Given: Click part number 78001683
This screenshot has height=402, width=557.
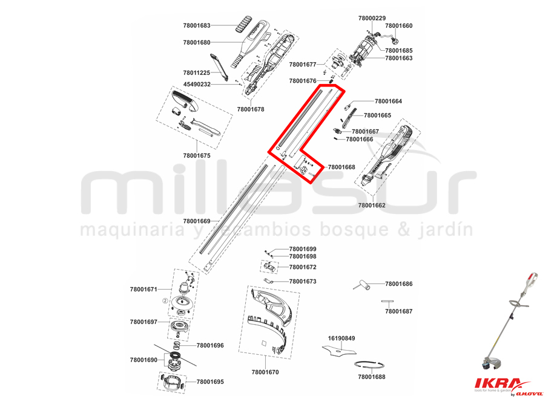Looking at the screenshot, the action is pyautogui.click(x=196, y=25).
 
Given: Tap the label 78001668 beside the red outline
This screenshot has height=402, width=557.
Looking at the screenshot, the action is pyautogui.click(x=341, y=167).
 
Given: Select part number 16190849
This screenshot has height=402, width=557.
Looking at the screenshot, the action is pyautogui.click(x=341, y=338).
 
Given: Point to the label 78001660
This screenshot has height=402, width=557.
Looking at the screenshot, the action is pyautogui.click(x=398, y=25).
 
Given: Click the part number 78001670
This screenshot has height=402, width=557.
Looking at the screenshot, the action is pyautogui.click(x=265, y=372).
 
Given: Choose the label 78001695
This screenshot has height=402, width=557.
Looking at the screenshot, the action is pyautogui.click(x=210, y=382).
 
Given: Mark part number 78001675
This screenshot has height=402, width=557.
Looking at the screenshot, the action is pyautogui.click(x=196, y=155).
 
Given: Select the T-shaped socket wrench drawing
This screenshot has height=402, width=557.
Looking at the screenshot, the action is pyautogui.click(x=362, y=285).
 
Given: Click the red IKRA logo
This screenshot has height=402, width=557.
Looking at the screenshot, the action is pyautogui.click(x=496, y=384).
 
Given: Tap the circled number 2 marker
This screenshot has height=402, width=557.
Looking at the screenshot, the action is pyautogui.click(x=165, y=300).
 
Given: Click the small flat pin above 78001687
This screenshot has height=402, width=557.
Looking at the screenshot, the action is pyautogui.click(x=387, y=302).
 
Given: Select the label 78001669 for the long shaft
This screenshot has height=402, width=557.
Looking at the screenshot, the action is pyautogui.click(x=196, y=221).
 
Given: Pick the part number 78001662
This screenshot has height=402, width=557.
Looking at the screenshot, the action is pyautogui.click(x=372, y=205).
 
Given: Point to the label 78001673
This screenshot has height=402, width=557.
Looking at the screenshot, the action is pyautogui.click(x=303, y=281).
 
